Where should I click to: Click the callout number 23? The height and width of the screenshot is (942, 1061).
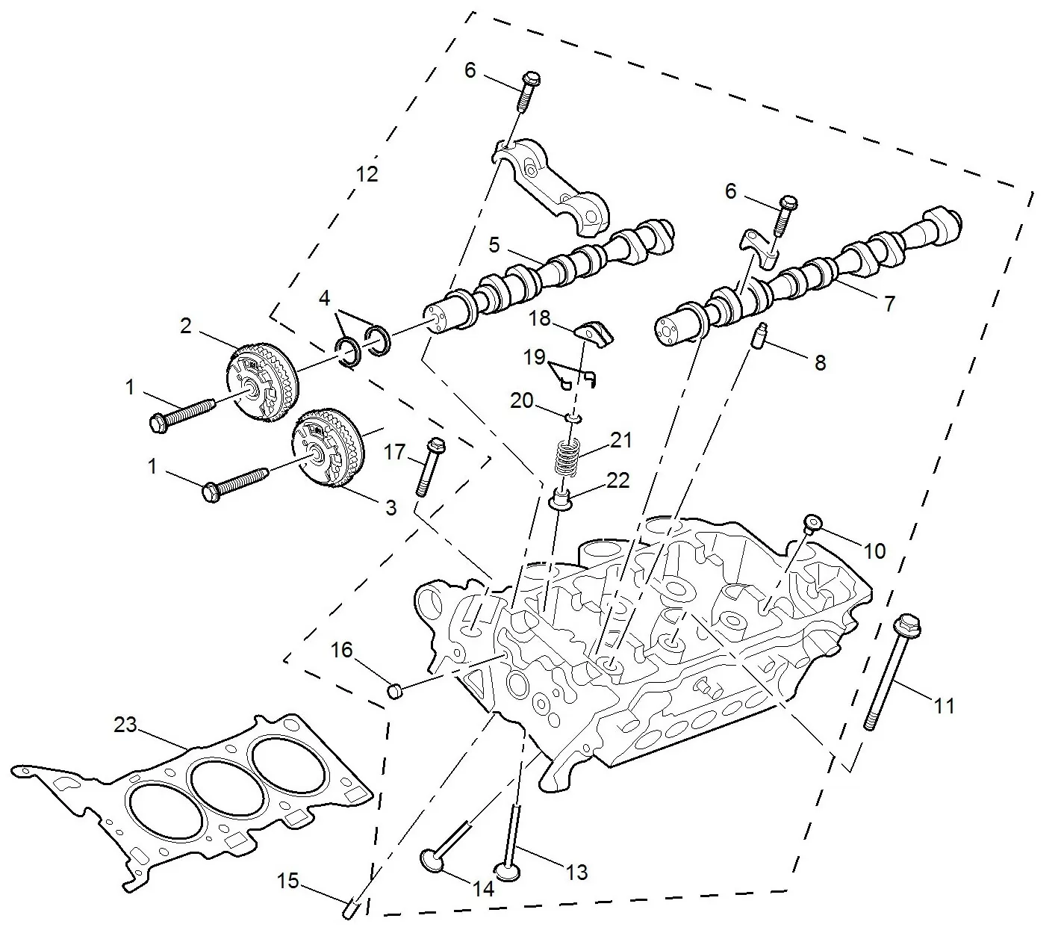click(x=125, y=724)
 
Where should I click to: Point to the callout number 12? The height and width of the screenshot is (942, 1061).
click(x=367, y=174)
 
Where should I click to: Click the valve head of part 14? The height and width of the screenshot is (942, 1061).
click(x=432, y=860)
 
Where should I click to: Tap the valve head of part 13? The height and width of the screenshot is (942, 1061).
click(x=508, y=870)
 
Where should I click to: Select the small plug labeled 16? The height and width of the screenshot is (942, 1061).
click(x=396, y=690)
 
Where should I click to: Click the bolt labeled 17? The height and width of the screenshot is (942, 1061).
click(x=427, y=468)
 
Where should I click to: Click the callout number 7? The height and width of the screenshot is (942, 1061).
click(x=889, y=304)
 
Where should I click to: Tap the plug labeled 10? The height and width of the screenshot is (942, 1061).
click(x=812, y=522)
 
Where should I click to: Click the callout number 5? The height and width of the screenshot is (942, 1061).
click(x=494, y=244)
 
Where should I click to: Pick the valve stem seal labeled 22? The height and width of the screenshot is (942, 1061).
click(x=561, y=499)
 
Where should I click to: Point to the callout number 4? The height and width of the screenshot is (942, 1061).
click(x=324, y=298)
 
